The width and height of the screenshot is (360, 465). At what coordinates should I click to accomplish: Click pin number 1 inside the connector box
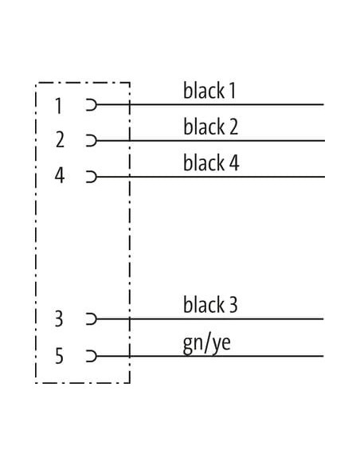(x=59, y=106)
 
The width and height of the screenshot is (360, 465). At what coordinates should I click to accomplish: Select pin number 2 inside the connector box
(x=60, y=139)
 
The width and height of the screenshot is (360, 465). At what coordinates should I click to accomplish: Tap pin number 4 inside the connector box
(x=60, y=175)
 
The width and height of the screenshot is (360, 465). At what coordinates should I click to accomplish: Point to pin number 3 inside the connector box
(x=59, y=318)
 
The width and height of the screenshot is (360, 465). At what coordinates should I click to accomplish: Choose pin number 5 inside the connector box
(x=59, y=356)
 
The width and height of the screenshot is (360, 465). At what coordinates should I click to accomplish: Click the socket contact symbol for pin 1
(x=92, y=104)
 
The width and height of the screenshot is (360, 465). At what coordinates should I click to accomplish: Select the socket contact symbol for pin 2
(x=92, y=140)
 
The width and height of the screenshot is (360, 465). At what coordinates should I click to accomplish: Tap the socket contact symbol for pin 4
(x=92, y=177)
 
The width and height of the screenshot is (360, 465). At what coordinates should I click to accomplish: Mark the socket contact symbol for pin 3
(x=92, y=319)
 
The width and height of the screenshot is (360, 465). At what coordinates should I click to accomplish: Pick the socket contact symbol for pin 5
(x=92, y=356)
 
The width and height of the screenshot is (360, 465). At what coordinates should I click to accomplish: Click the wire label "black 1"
(x=209, y=91)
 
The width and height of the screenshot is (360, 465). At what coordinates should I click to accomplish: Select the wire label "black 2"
(x=210, y=127)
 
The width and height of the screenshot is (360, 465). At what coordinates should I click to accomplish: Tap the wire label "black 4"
(x=211, y=162)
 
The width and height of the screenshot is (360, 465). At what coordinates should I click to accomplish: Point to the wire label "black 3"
(x=210, y=305)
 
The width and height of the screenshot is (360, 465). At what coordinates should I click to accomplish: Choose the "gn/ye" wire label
(x=207, y=344)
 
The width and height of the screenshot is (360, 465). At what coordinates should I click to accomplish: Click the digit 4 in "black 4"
(x=234, y=163)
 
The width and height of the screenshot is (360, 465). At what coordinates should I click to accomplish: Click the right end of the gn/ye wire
(x=323, y=356)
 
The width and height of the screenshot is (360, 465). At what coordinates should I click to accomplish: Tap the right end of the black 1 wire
(x=323, y=104)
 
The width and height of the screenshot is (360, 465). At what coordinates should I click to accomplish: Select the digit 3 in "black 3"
(x=233, y=305)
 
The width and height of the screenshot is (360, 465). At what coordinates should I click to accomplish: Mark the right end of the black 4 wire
(x=324, y=177)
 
